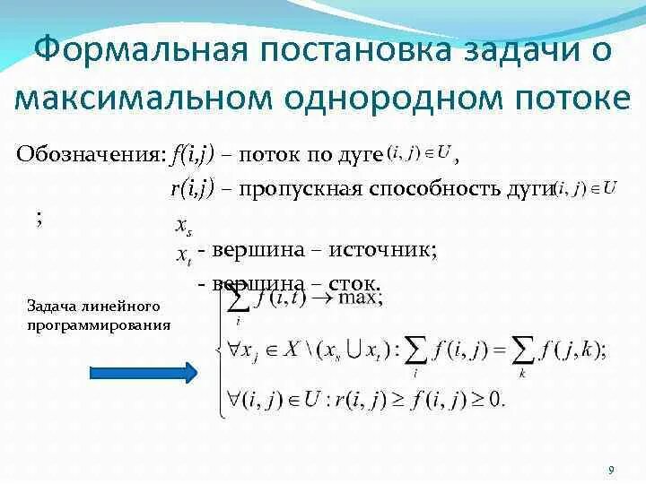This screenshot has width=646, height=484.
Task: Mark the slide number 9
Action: (x=611, y=470)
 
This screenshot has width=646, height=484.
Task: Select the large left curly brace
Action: (x=217, y=351)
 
